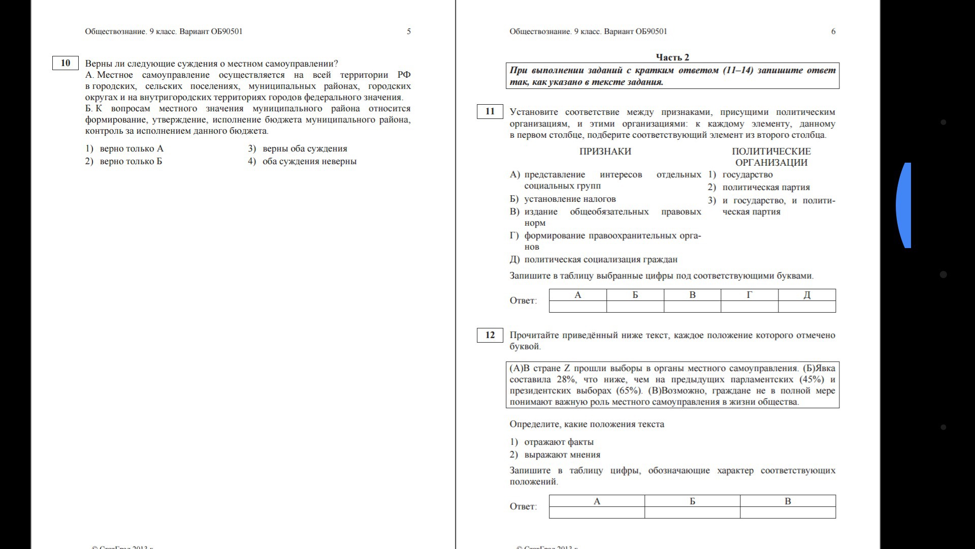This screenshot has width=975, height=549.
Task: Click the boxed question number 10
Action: (x=66, y=63)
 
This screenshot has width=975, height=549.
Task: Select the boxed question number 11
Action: (x=490, y=112)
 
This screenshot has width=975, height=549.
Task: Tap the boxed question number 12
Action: (x=490, y=335)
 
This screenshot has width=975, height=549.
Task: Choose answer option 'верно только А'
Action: (x=131, y=149)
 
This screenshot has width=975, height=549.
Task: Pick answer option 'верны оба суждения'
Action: (x=304, y=149)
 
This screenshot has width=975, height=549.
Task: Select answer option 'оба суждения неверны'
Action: (x=309, y=162)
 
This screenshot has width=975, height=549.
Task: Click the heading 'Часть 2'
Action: (x=672, y=57)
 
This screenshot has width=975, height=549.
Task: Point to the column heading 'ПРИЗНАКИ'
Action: (x=605, y=151)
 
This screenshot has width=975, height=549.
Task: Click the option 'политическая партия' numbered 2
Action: (x=766, y=188)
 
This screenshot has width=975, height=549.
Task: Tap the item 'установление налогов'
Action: (x=570, y=199)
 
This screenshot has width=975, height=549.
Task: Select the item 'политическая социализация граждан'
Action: (x=600, y=260)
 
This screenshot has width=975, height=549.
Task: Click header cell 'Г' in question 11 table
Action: (x=749, y=295)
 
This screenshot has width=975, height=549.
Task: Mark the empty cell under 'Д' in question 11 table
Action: (x=806, y=307)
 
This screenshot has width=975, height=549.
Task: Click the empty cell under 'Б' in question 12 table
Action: (x=692, y=512)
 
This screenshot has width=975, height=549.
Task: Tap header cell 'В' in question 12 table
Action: (x=788, y=501)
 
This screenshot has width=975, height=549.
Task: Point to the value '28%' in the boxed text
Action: (x=567, y=380)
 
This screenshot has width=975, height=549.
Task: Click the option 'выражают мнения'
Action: (x=562, y=455)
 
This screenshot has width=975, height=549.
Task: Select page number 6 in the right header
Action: (x=833, y=32)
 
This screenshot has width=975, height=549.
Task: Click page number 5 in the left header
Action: (x=409, y=32)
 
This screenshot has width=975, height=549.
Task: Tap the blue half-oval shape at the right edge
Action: (x=904, y=205)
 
